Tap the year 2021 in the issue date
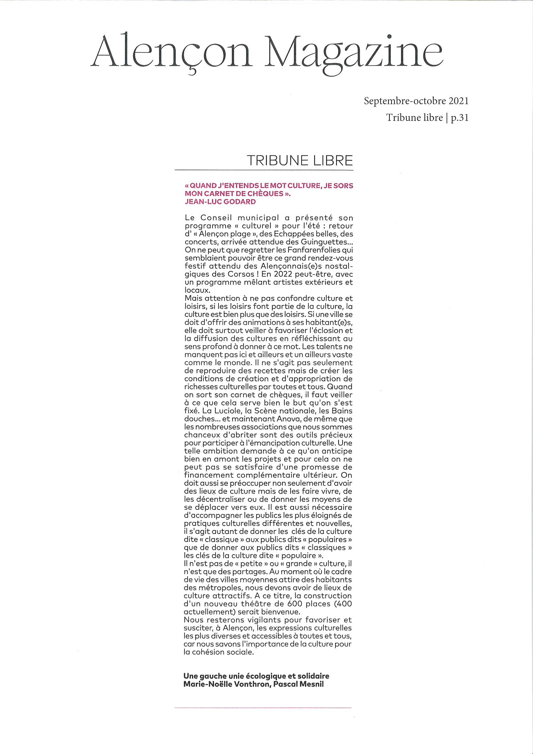coord(459,101)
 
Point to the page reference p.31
coord(459,118)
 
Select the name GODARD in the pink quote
coord(239,202)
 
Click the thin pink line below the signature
coord(263,707)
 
